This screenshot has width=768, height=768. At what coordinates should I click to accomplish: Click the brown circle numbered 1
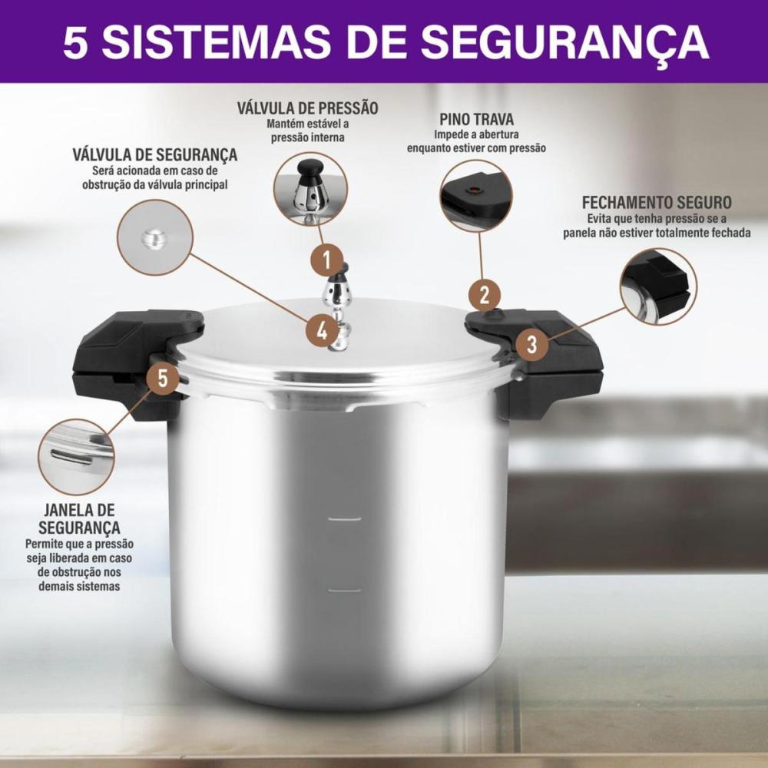326,260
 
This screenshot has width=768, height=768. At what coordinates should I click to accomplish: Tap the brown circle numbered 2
485,296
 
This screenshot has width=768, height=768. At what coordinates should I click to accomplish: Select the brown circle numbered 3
531,344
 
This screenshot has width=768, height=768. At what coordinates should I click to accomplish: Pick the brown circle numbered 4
322,332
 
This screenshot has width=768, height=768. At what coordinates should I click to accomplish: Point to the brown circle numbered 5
163,378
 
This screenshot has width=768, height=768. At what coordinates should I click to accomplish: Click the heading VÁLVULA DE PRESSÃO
308,108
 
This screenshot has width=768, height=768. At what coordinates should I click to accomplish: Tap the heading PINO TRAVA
477,120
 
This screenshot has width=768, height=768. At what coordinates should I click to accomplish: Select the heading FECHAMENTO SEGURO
657,202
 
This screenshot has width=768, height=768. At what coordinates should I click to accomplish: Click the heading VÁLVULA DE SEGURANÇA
155,155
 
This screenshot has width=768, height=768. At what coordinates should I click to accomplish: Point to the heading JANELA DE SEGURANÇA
79,518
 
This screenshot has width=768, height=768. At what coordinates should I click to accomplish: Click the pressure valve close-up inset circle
310,189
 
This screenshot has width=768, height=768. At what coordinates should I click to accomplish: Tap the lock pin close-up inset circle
476,195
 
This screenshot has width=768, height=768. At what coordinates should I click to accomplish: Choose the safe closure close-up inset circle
658,286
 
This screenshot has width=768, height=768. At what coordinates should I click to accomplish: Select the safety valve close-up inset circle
155,237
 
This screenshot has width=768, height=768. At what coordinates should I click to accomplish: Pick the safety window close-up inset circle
76,456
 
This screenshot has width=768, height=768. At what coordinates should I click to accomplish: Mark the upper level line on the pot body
344,518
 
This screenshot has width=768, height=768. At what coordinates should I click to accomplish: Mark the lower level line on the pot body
344,590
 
